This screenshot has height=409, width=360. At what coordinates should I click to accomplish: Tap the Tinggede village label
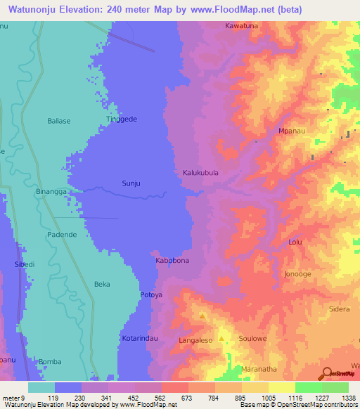(x=121, y=119)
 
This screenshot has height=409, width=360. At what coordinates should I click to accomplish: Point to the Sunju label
(x=131, y=183)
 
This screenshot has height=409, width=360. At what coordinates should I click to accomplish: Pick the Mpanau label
(x=291, y=131)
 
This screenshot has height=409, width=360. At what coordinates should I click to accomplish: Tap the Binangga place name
(x=51, y=191)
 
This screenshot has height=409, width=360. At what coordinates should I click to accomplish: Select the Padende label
(x=62, y=235)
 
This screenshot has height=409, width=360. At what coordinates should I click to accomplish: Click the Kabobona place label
(x=172, y=261)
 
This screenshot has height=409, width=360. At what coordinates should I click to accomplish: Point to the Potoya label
(x=151, y=294)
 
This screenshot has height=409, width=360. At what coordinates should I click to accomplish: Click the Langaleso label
(x=196, y=340)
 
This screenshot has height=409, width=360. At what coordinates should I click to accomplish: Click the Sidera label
(x=340, y=309)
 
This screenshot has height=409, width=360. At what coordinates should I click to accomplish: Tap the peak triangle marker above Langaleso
(x=203, y=316)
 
